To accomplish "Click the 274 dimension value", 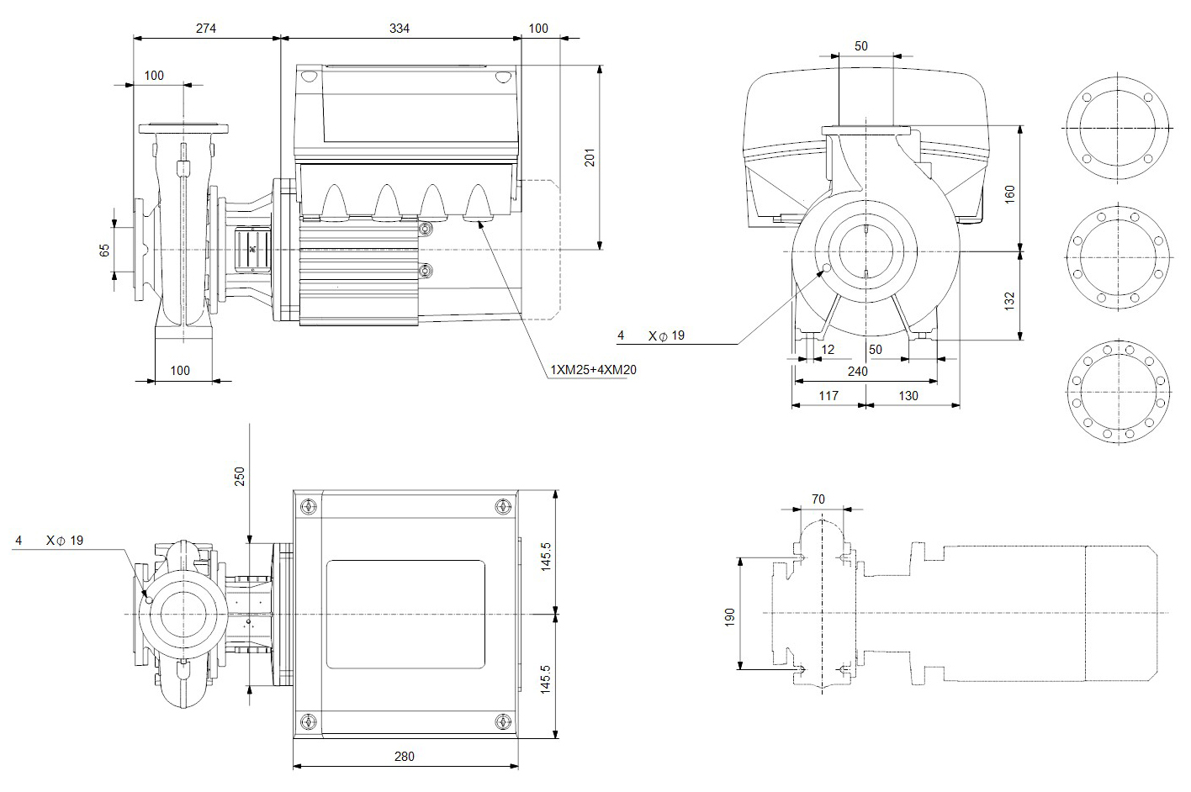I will tap(206, 28).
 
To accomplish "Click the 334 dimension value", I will tap(400, 28).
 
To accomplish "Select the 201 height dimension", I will tap(590, 157).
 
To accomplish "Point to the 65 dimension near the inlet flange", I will tap(105, 250).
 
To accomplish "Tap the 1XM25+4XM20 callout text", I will tap(593, 369).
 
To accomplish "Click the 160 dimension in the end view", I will tap(1010, 193).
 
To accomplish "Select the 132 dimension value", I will tap(1010, 298).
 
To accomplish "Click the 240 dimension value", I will tap(857, 371).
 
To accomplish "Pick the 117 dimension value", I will tap(828, 394).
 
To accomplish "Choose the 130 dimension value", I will tap(908, 394).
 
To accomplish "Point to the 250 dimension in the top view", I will tap(239, 477).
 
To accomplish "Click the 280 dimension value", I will tap(405, 756).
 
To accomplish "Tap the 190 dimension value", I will tap(729, 617).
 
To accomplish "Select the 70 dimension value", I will tap(818, 499).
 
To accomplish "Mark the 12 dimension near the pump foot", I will tap(828, 349).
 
